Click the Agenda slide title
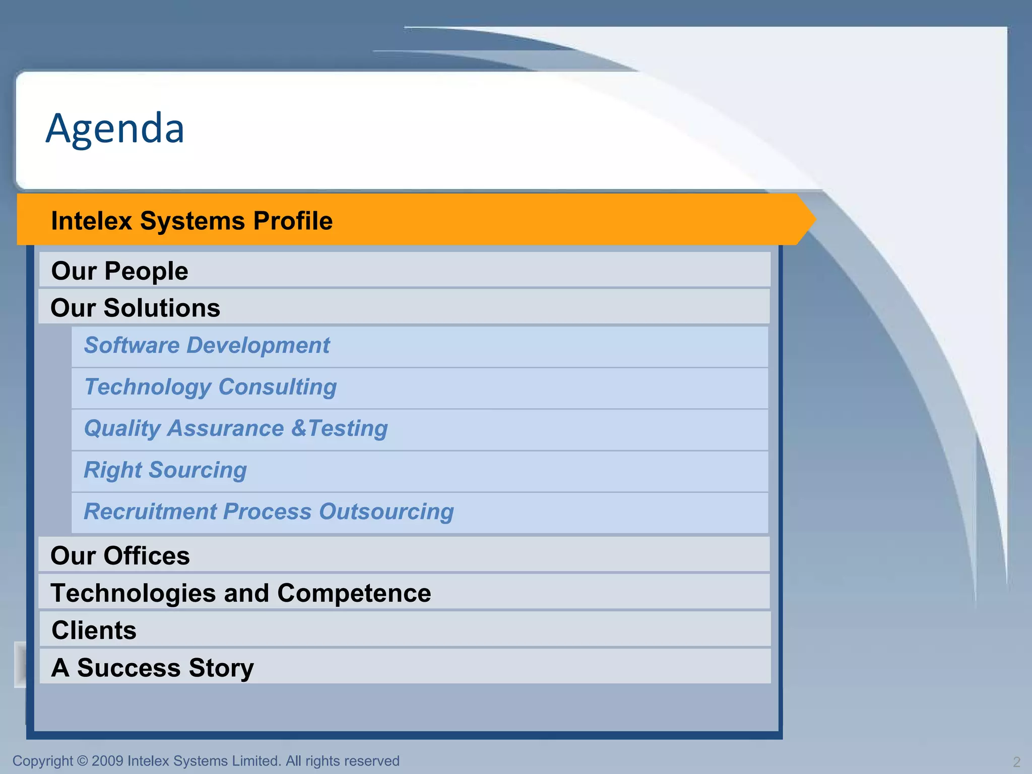[x=115, y=128]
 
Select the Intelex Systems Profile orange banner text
[x=191, y=221]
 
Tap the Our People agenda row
[x=119, y=271]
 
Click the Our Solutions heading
[x=135, y=308]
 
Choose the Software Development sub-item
[x=207, y=346]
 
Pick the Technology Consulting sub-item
[x=210, y=387]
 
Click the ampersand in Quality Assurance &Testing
[x=298, y=428]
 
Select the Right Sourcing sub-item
[x=165, y=470]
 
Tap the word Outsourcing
[x=386, y=511]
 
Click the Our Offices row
[x=120, y=556]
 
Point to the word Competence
[x=354, y=593]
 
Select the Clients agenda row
[x=94, y=630]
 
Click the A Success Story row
[x=152, y=668]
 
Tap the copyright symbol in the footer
[x=83, y=761]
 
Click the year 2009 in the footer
[x=107, y=761]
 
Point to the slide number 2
[x=1016, y=761]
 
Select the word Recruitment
[x=150, y=511]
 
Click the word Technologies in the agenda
[x=133, y=593]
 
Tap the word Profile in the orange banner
[x=293, y=221]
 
